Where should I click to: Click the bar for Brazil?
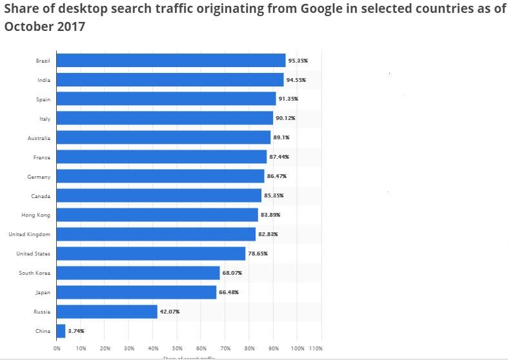pyautogui.click(x=171, y=61)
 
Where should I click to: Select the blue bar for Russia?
pyautogui.click(x=107, y=312)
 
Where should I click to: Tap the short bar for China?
pyautogui.click(x=61, y=331)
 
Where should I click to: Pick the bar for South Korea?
pyautogui.click(x=138, y=273)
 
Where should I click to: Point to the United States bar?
pyautogui.click(x=151, y=254)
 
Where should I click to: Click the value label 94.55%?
pyautogui.click(x=296, y=80)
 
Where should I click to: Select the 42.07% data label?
pyautogui.click(x=170, y=312)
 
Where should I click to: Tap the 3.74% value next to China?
pyautogui.click(x=76, y=331)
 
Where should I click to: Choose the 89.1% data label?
pyautogui.click(x=282, y=137)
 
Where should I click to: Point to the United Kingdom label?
pyautogui.click(x=29, y=234)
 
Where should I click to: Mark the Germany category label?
pyautogui.click(x=40, y=176)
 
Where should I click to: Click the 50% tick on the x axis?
pyautogui.click(x=178, y=348)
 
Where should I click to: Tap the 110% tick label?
pyautogui.click(x=316, y=348)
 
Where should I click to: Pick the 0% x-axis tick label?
pyautogui.click(x=57, y=348)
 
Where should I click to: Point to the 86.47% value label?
pyautogui.click(x=277, y=176)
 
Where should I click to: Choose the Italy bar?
pyautogui.click(x=165, y=118)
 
